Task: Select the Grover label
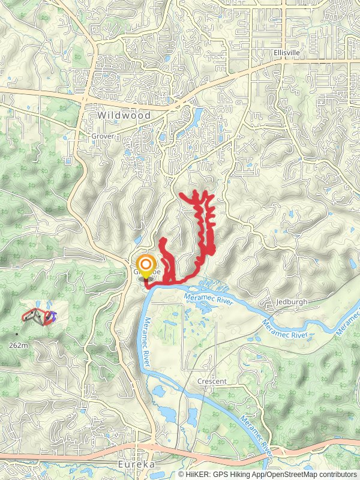(103, 136)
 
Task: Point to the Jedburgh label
(292, 302)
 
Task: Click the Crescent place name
(212, 382)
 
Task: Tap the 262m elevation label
(19, 346)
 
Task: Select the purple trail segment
(53, 316)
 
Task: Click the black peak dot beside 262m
(17, 334)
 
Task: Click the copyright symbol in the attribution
(181, 475)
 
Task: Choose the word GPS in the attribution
(221, 475)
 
